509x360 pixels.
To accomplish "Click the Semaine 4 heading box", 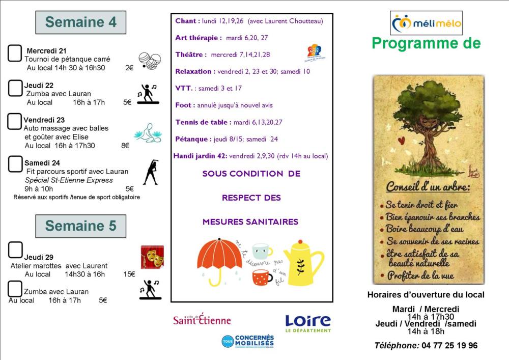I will tap(80, 22).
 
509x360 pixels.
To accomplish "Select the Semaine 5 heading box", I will tap(80, 226).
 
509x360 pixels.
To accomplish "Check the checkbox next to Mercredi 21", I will tap(15, 53).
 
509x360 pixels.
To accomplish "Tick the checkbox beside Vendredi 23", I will tap(15, 121).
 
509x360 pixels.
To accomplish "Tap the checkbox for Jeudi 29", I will tap(16, 250).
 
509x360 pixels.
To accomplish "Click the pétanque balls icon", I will tap(150, 62).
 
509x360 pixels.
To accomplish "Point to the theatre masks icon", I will tap(152, 257).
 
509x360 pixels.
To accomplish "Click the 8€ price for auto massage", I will tap(125, 146).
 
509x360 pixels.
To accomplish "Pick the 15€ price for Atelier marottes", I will tap(129, 274).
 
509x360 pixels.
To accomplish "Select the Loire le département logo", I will tap(308, 323).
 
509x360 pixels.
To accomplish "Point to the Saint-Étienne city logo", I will tap(202, 319).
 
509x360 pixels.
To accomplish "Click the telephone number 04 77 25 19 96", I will tap(449, 345).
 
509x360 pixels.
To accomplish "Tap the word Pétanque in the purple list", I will tap(192, 139).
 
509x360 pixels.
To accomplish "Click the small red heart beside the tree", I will tap(401, 140).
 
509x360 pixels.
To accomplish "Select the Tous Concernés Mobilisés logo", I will tap(248, 341).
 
